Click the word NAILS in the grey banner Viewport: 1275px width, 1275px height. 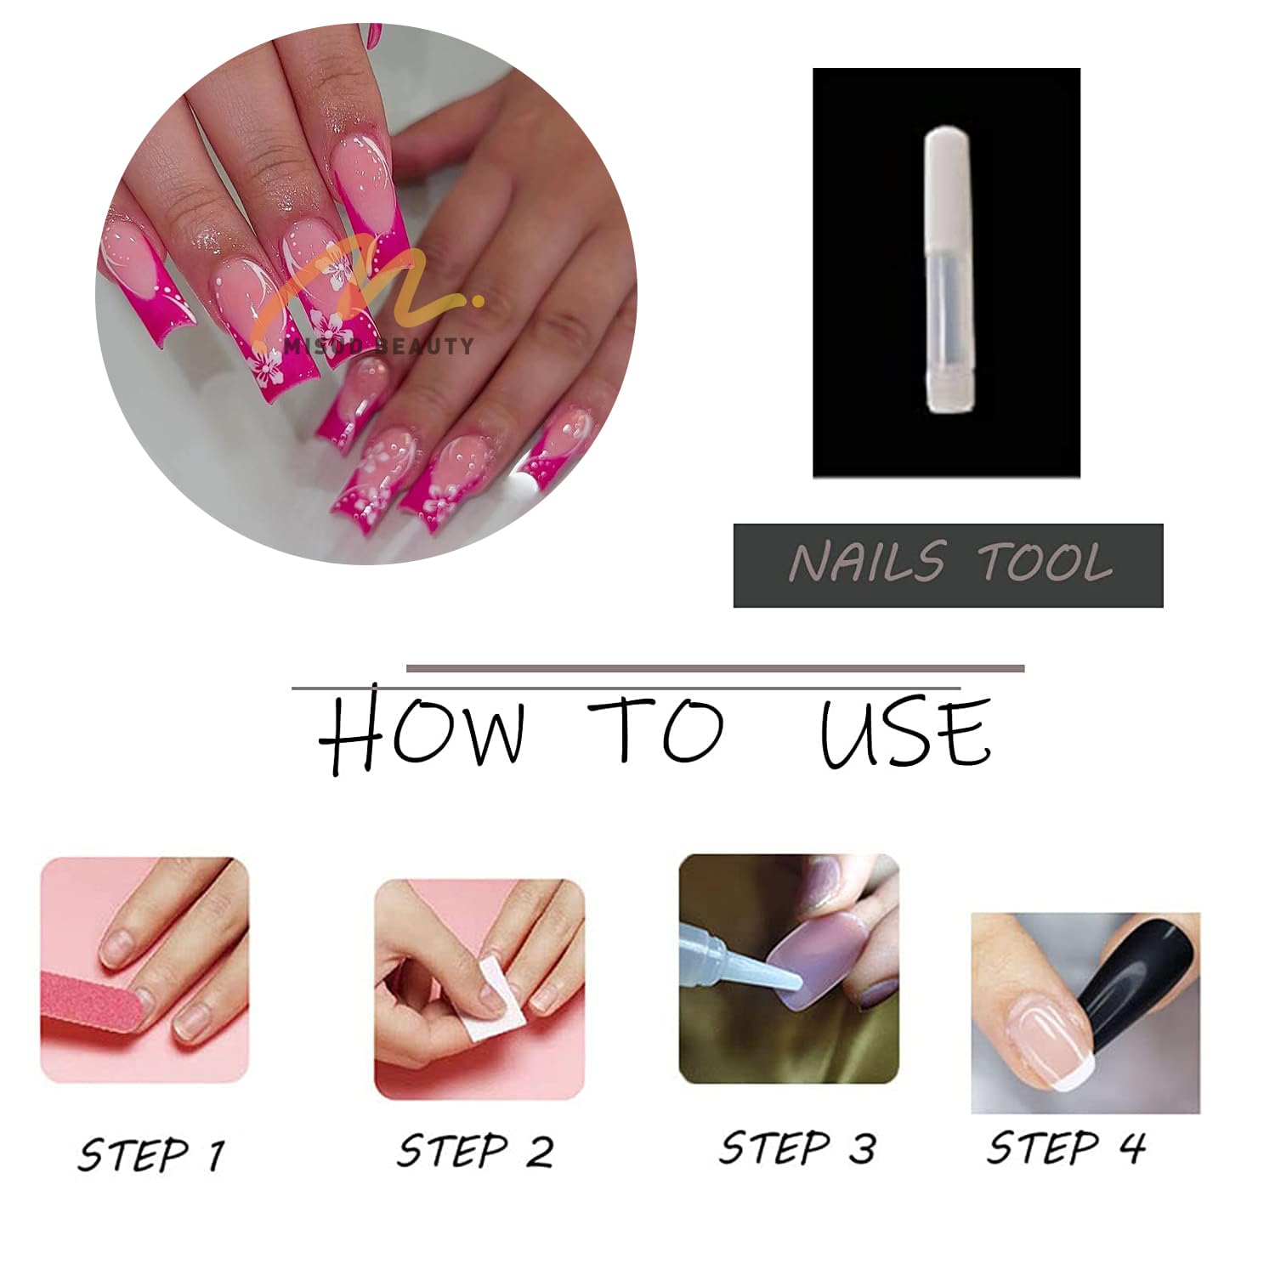pos(866,562)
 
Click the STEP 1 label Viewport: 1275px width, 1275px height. pos(151,1154)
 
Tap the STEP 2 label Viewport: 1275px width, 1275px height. pos(475,1151)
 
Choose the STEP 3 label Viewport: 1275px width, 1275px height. pos(797,1147)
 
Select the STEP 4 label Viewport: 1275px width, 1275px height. pos(1066,1147)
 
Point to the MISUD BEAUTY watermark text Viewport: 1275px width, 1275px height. pos(379,345)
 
